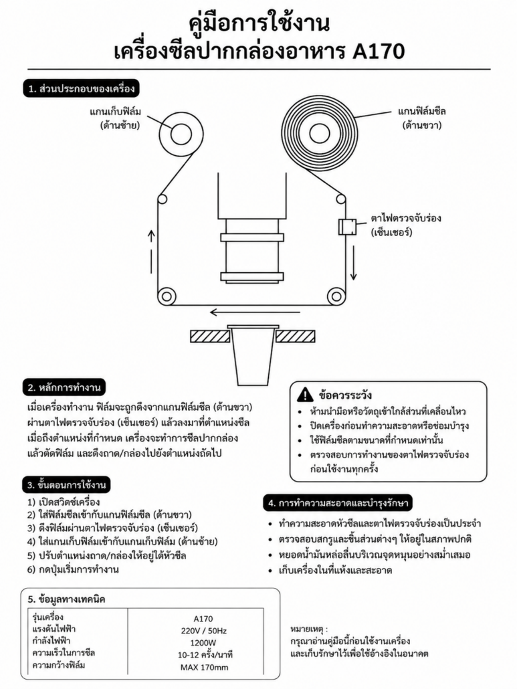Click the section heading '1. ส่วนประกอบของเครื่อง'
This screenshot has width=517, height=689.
[x=81, y=88]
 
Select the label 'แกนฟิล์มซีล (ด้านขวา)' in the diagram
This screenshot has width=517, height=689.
[x=421, y=118]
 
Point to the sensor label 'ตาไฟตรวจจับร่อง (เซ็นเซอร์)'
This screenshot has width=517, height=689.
[x=405, y=225]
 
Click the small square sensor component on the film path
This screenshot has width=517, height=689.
[x=346, y=226]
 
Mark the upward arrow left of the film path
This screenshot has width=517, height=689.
[x=151, y=254]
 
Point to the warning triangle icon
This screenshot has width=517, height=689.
[x=305, y=395]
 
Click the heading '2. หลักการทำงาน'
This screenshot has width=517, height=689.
[x=64, y=387]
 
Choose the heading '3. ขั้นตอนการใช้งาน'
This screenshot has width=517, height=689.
[x=66, y=485]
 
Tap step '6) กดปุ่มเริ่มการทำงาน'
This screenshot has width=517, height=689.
[x=73, y=569]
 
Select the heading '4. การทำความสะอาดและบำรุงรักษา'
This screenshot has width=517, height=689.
[x=338, y=503]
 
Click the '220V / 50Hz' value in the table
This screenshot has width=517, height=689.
[x=203, y=631]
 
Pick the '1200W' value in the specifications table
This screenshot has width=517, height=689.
[x=203, y=643]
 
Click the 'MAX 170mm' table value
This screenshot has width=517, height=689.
[x=204, y=668]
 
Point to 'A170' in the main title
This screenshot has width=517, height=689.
[x=379, y=52]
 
